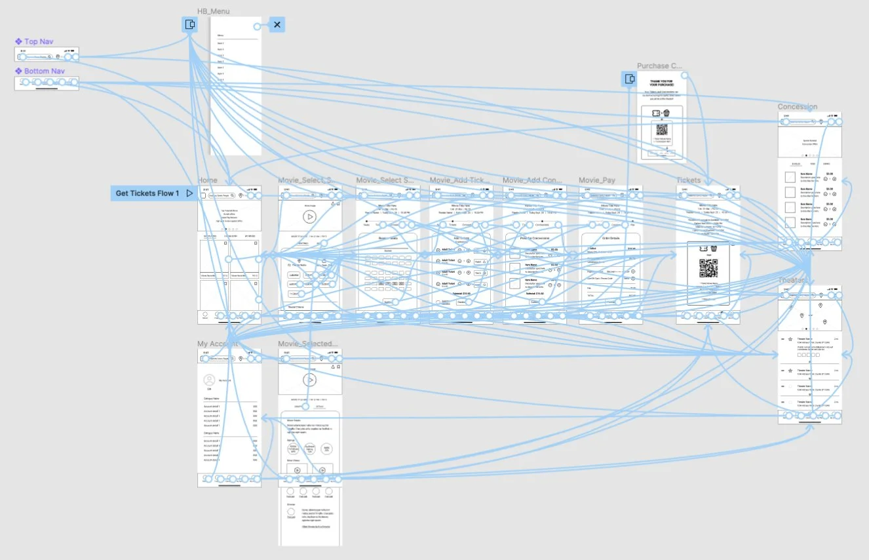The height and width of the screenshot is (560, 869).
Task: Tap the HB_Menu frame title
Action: pyautogui.click(x=213, y=11)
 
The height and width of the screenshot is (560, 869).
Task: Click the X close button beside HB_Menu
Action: pyautogui.click(x=277, y=25)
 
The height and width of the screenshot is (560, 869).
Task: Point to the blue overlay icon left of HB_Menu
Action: pyautogui.click(x=189, y=25)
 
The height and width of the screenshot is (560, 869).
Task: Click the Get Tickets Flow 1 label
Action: pyautogui.click(x=147, y=193)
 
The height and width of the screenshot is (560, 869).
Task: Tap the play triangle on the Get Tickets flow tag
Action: pyautogui.click(x=189, y=193)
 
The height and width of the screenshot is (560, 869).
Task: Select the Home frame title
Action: pyautogui.click(x=207, y=180)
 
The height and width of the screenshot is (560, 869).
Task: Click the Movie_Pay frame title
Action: pyautogui.click(x=597, y=180)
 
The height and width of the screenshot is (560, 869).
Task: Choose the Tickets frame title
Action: pyautogui.click(x=688, y=180)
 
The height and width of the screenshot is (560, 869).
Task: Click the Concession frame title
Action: pyautogui.click(x=797, y=107)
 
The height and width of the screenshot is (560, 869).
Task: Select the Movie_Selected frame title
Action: pyautogui.click(x=307, y=344)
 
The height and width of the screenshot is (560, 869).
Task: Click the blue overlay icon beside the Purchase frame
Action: pyautogui.click(x=629, y=79)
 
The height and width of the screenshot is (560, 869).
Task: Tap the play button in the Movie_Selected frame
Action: pyautogui.click(x=310, y=380)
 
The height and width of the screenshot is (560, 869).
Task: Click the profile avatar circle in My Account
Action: pyautogui.click(x=209, y=380)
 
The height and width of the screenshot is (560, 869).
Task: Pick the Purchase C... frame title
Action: pyautogui.click(x=659, y=66)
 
